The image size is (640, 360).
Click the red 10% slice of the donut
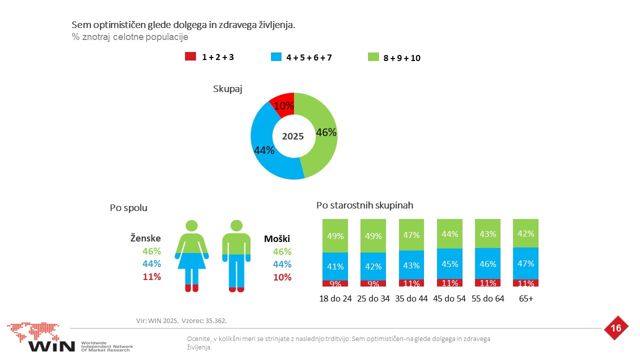tap(283, 105)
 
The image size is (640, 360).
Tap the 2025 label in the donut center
tap(293, 136)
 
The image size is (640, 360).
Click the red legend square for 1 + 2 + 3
tap(190, 56)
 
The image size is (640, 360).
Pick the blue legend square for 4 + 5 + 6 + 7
tap(276, 56)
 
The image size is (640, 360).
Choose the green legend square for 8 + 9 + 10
tap(373, 57)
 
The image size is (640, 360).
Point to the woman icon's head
tap(191, 225)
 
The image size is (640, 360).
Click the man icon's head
tap(236, 225)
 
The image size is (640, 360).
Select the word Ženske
tap(145, 238)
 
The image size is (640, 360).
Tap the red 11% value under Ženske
tap(151, 276)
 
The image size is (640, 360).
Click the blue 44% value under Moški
tap(282, 264)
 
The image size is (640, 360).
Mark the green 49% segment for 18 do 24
tap(335, 235)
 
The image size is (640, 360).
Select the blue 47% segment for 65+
tap(525, 263)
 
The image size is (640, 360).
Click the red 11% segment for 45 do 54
tap(449, 283)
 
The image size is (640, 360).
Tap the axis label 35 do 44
tap(411, 298)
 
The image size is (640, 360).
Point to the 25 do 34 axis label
tap(373, 298)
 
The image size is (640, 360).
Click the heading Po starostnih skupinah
tap(364, 205)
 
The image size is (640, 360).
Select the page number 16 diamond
tap(616, 328)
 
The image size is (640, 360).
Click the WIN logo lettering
tap(51, 346)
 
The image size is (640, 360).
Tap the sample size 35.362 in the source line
tap(216, 320)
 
